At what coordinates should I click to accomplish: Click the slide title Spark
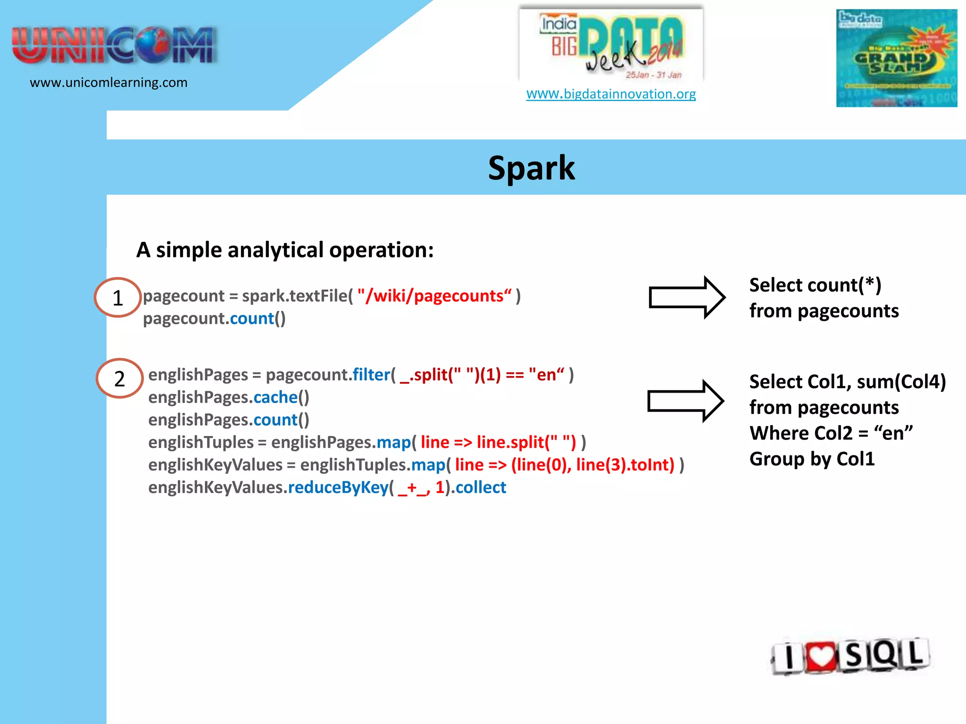[x=531, y=168]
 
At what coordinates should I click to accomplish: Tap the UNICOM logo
[x=114, y=46]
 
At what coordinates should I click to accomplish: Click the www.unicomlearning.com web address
[x=108, y=82]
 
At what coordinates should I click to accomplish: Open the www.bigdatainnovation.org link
[x=611, y=94]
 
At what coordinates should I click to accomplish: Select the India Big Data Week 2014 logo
[x=611, y=45]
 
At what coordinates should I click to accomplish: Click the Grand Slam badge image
[x=896, y=58]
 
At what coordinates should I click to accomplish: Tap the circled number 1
[x=118, y=298]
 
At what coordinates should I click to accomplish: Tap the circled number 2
[x=119, y=379]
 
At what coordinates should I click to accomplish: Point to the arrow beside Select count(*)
[x=687, y=297]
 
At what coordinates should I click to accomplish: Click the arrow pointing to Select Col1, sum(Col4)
[x=685, y=401]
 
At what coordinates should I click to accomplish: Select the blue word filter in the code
[x=371, y=375]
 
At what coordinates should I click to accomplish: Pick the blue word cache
[x=275, y=397]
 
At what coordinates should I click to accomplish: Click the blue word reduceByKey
[x=338, y=487]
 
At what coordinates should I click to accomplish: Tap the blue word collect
[x=481, y=487]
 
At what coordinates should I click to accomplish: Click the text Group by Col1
[x=812, y=459]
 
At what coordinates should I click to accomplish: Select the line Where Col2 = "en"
[x=831, y=433]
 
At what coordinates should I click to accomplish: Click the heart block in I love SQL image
[x=821, y=656]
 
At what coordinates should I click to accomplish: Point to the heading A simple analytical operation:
[x=285, y=250]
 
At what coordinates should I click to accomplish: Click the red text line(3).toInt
[x=625, y=465]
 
